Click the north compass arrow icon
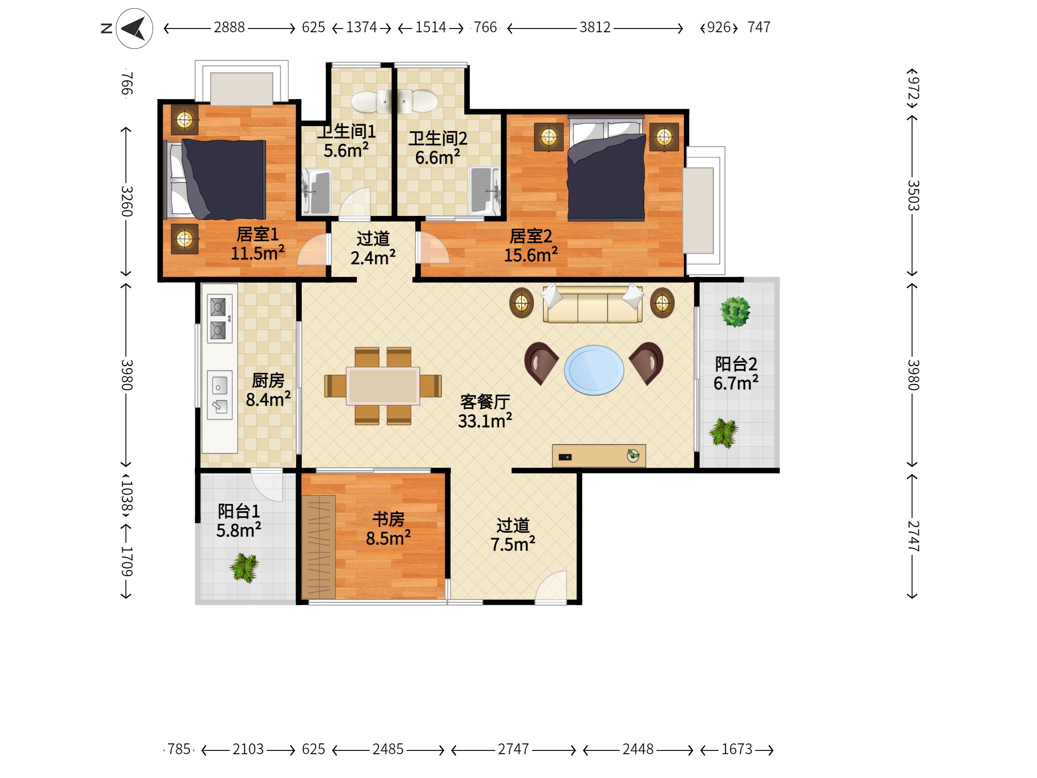pyautogui.click(x=134, y=29)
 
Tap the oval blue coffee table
pyautogui.click(x=594, y=370)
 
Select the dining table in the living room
pyautogui.click(x=383, y=386)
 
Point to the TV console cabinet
pyautogui.click(x=599, y=456)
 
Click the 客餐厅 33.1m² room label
pyautogui.click(x=485, y=411)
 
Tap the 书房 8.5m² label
pyautogui.click(x=388, y=528)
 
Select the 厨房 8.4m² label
pyautogui.click(x=268, y=390)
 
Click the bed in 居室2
pyautogui.click(x=606, y=168)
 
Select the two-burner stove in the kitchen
pyautogui.click(x=220, y=319)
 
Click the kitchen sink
pyautogui.click(x=220, y=395)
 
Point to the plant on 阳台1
pyautogui.click(x=244, y=567)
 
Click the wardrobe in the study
pyautogui.click(x=318, y=547)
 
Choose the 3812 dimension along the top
pyautogui.click(x=595, y=28)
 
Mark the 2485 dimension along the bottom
pyautogui.click(x=388, y=749)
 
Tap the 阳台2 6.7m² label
pyautogui.click(x=736, y=373)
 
